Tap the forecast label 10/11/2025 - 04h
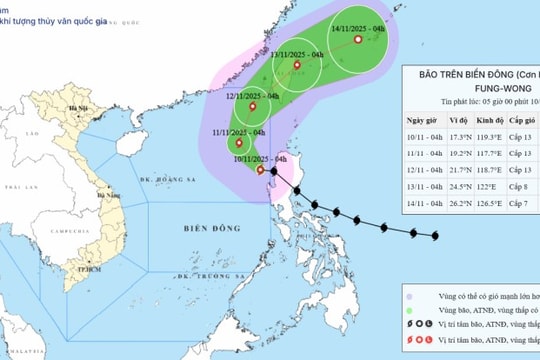click(x=259, y=158)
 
